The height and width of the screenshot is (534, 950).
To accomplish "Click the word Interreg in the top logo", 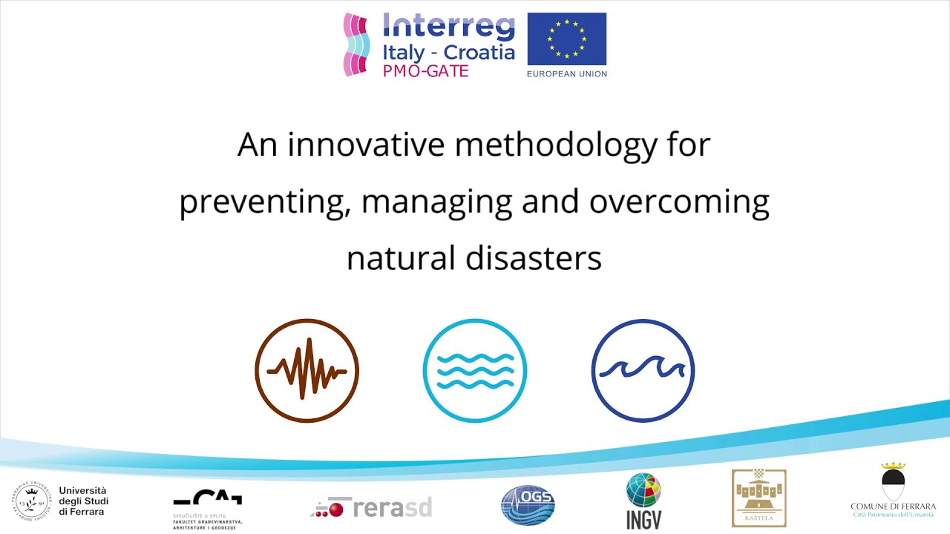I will [x=448, y=27].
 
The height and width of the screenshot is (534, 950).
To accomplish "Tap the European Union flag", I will [x=566, y=39].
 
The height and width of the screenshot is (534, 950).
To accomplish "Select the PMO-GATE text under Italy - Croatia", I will [x=425, y=71].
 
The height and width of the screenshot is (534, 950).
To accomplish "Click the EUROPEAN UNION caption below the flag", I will [x=566, y=73].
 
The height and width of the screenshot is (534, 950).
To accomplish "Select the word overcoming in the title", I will [x=679, y=202].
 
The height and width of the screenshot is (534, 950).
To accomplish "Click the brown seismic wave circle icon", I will [x=307, y=370].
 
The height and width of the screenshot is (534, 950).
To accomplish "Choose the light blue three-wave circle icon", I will [x=475, y=370].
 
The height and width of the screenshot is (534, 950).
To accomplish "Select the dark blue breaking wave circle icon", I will [x=643, y=370].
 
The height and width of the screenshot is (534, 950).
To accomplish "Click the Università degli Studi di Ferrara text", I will [x=83, y=501].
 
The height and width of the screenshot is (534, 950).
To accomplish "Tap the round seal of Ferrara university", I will [x=30, y=501].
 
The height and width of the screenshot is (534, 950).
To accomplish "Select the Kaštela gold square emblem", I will [x=759, y=498].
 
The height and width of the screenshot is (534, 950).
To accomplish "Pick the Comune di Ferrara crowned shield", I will [x=893, y=484].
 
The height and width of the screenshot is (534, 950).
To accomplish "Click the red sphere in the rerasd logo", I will [x=336, y=509].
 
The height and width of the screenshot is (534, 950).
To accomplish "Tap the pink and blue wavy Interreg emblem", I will [x=356, y=44].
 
